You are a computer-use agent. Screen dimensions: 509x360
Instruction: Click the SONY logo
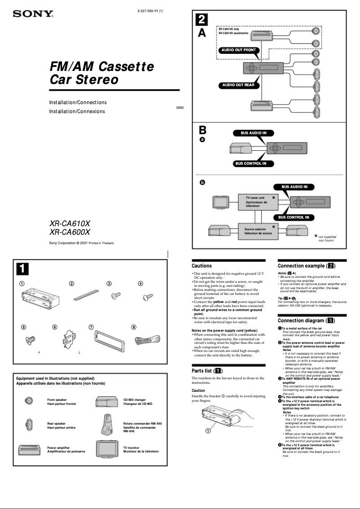click(33, 14)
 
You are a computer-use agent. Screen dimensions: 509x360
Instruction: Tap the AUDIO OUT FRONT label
click(238, 50)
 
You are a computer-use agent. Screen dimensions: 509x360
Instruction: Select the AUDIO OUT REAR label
click(238, 85)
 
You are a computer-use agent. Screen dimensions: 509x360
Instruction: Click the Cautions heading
click(202, 266)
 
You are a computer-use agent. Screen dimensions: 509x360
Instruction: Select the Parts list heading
click(206, 371)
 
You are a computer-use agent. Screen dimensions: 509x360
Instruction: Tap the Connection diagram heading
click(306, 320)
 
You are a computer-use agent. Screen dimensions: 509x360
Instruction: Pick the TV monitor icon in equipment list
click(106, 449)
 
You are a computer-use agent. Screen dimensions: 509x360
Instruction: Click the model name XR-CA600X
click(70, 232)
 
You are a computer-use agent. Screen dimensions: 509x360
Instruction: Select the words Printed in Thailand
click(101, 243)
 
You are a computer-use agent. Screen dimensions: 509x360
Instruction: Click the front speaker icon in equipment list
click(29, 400)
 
